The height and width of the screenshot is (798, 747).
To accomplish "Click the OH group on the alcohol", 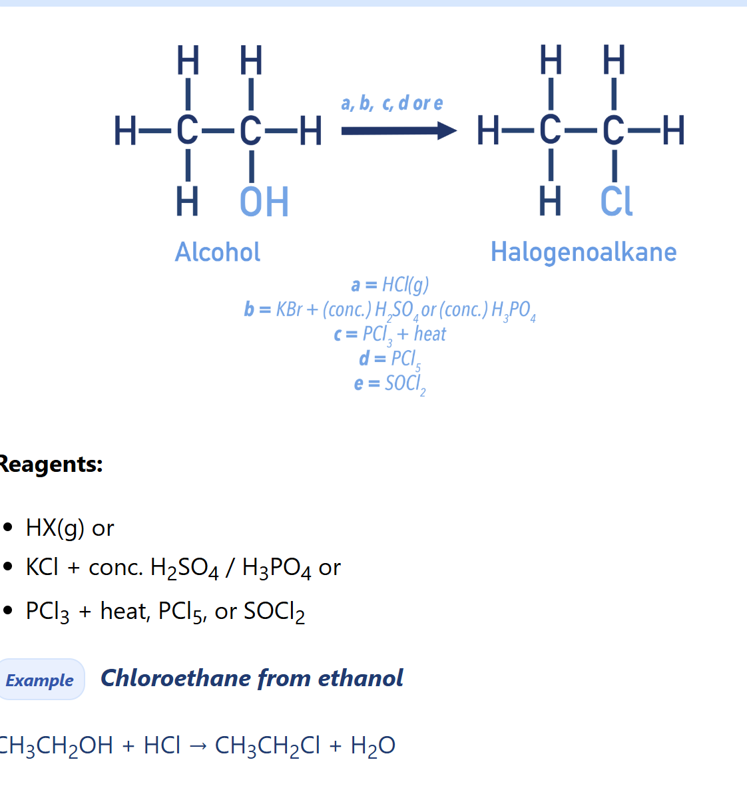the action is (x=264, y=202).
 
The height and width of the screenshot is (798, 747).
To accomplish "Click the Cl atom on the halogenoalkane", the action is (x=616, y=202).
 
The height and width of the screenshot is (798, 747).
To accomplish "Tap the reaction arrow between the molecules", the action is (x=399, y=131).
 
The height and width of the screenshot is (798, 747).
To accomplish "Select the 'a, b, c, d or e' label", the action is (x=391, y=102).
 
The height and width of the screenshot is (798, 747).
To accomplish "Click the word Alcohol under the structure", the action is (x=218, y=252).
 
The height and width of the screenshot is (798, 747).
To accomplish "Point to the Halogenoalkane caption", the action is (x=583, y=252).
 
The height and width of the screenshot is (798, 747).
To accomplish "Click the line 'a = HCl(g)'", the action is (x=390, y=284).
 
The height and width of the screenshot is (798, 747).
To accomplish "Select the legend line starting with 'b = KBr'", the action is (x=390, y=310).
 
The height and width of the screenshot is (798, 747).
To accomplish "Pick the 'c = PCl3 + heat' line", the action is (x=390, y=335).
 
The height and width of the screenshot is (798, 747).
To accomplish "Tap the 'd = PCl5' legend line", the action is (x=390, y=359).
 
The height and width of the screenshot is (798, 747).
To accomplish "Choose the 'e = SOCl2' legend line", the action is (x=390, y=384).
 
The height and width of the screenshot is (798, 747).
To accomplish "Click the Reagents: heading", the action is (x=51, y=464).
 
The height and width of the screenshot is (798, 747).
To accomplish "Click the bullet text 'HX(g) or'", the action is (x=70, y=528).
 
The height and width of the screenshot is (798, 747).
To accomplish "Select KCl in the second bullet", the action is (x=42, y=567).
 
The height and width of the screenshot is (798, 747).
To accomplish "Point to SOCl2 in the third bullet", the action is (x=274, y=612).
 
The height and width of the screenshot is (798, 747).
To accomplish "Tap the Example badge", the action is (x=41, y=680).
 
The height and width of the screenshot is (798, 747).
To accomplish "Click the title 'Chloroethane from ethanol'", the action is (x=252, y=678).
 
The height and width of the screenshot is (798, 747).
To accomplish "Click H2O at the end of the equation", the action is (x=373, y=746).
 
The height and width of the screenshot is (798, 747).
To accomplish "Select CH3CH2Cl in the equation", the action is (x=268, y=746).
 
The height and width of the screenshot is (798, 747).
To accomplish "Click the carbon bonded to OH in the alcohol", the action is (x=250, y=131).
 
